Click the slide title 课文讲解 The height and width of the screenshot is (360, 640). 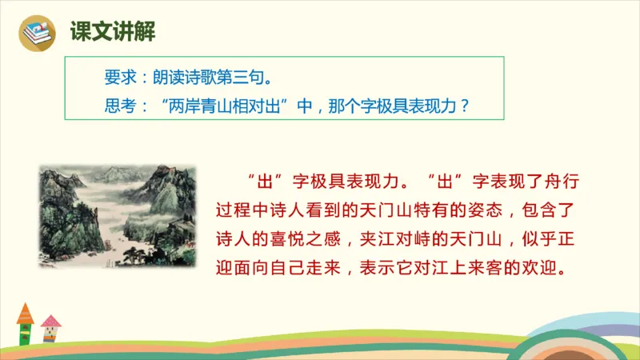point(102,33)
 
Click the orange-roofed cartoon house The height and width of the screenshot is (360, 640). point(25,321)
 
